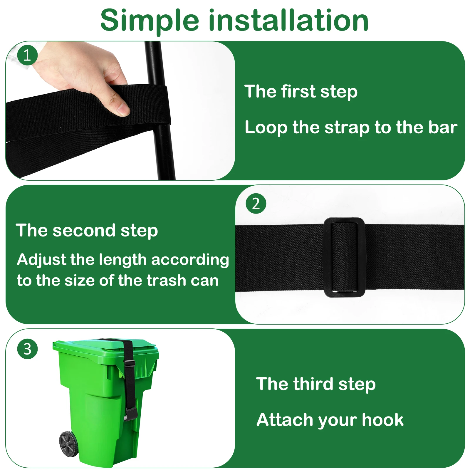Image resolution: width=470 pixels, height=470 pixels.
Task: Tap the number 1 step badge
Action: [27, 55]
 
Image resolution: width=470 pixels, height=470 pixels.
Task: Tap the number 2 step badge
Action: [256, 204]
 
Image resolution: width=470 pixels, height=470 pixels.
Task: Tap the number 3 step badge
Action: [27, 349]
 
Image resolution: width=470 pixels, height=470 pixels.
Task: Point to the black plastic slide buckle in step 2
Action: [344, 257]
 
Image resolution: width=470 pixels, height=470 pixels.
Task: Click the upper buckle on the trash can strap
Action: [130, 363]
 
